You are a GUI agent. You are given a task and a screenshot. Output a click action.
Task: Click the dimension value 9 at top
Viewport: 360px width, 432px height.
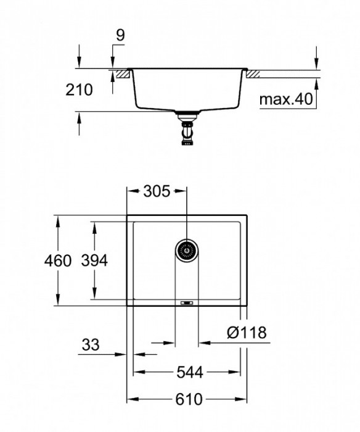coord(120,35)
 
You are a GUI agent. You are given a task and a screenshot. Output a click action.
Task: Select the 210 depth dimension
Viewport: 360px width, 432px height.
coord(79,90)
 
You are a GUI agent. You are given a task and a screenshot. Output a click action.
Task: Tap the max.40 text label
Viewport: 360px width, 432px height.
coord(284,99)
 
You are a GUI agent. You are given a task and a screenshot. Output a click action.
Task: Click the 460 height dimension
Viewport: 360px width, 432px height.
coord(59,261)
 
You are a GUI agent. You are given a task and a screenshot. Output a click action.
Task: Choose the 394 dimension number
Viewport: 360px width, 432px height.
coord(94,261)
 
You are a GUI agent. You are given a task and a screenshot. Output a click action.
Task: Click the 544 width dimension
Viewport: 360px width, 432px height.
coord(187,372)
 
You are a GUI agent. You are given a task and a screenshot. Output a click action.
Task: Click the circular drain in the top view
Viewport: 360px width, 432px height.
coord(186,250)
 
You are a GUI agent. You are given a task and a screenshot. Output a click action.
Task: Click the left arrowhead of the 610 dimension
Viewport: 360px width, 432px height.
coord(131,399)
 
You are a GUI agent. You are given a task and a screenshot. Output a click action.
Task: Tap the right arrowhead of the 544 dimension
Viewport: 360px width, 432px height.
coord(237,372)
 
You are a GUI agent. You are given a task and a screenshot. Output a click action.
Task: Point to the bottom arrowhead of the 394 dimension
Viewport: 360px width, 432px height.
coord(94,296)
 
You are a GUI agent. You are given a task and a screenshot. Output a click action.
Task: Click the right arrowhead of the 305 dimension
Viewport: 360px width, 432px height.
coord(182,191)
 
